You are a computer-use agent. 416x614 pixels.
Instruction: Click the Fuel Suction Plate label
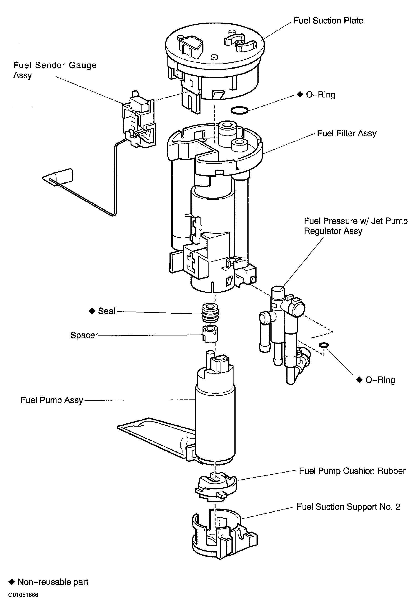328,20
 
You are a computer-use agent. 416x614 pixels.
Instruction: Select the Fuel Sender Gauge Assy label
55,70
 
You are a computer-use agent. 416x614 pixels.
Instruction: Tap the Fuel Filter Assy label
347,133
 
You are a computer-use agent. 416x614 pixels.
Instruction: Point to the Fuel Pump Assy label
52,400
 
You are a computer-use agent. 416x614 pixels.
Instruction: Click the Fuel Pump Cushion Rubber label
352,471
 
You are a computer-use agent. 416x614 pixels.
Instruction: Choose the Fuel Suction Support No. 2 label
348,507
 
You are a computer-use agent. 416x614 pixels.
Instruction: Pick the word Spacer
84,335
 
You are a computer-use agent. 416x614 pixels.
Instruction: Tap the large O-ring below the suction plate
239,110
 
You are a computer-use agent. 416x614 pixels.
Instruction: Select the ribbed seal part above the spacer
210,313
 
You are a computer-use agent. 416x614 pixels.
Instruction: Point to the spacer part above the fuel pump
210,334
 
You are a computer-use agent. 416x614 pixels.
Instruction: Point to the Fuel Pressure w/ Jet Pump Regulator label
355,226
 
